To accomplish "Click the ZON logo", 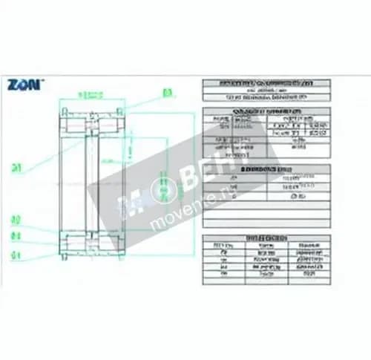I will tap(25, 85).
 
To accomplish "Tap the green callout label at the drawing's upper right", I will tap(167, 93).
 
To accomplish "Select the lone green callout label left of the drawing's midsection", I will tap(16, 167).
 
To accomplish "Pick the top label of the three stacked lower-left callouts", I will tap(15, 221).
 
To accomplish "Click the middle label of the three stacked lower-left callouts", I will tap(15, 237).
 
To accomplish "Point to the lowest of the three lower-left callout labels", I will tap(15, 255).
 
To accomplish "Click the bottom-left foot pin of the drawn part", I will tap(65, 258).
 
